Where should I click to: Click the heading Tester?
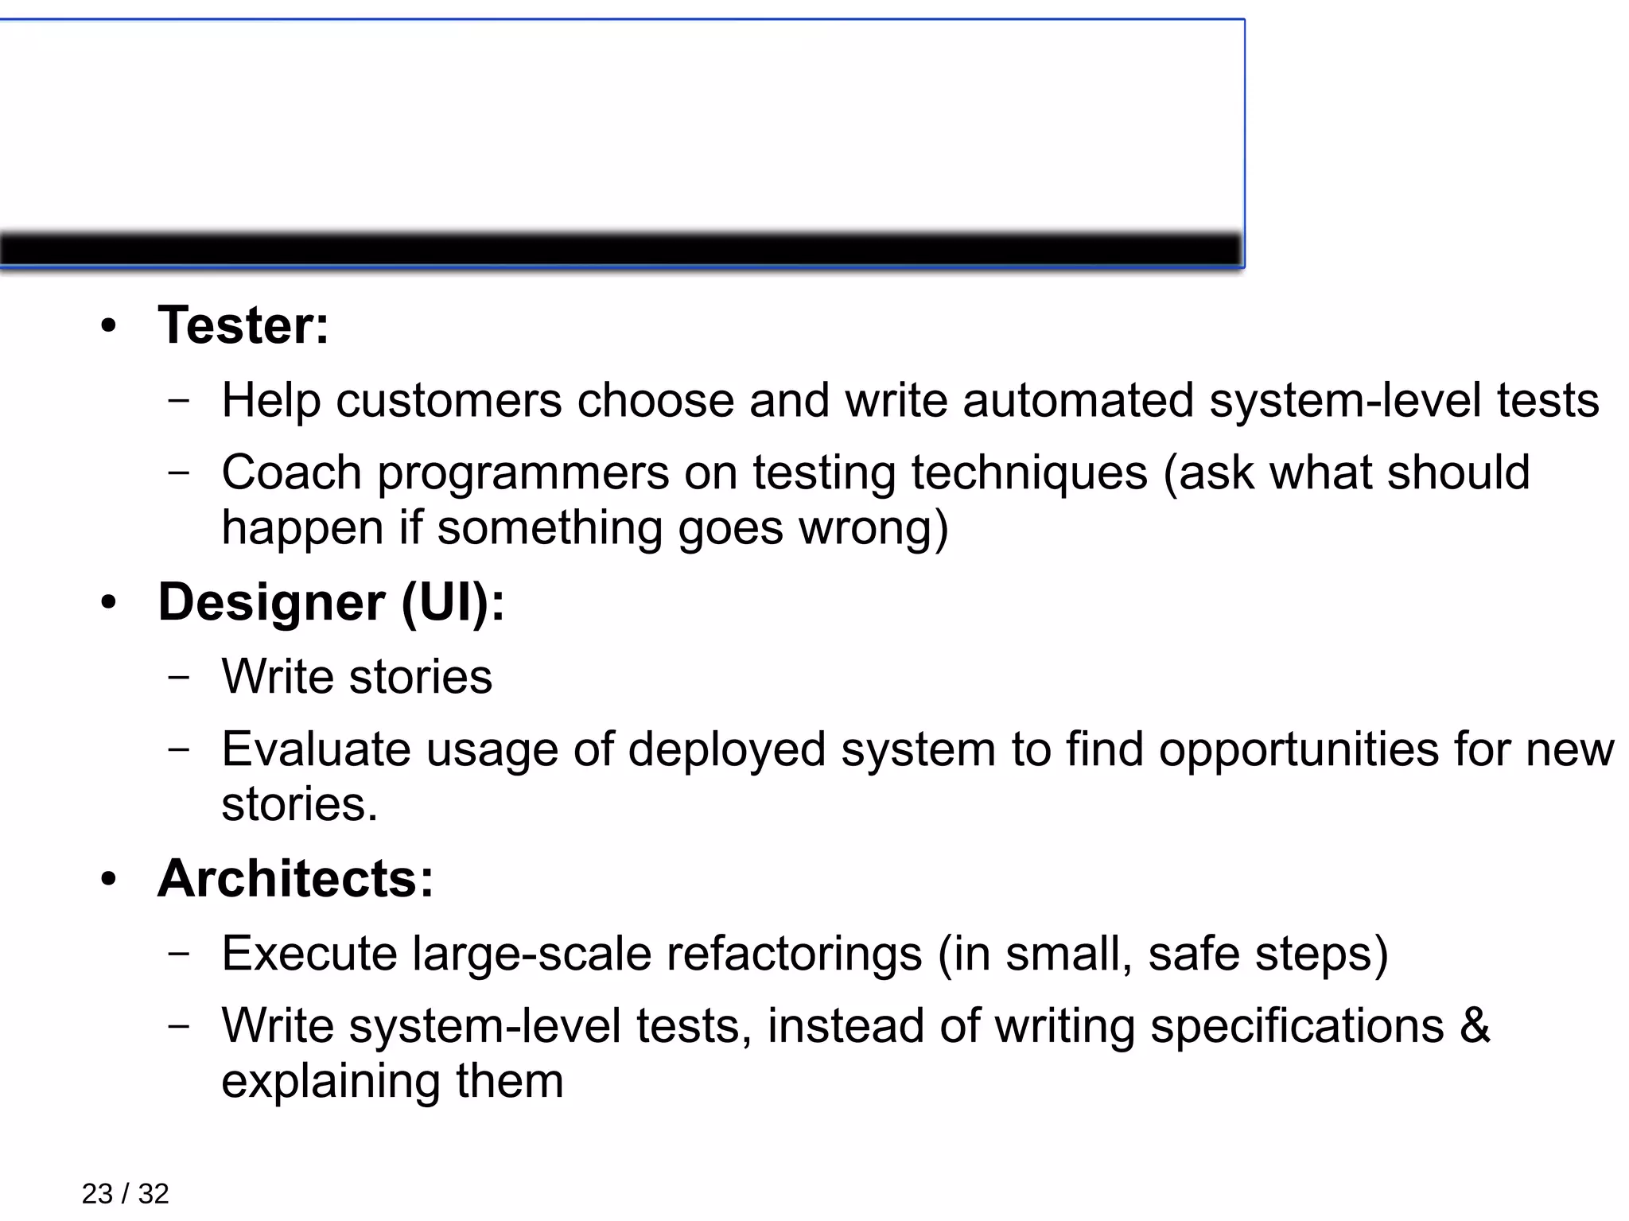pyautogui.click(x=243, y=325)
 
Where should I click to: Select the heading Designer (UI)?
pyautogui.click(x=331, y=602)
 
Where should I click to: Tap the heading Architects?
pyautogui.click(x=296, y=879)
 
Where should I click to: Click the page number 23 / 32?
pyautogui.click(x=125, y=1193)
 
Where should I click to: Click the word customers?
pyautogui.click(x=449, y=400)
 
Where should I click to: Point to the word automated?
pyautogui.click(x=1078, y=400)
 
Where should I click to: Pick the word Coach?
pyautogui.click(x=291, y=472)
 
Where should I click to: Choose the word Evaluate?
pyautogui.click(x=316, y=749)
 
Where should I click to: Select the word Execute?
pyautogui.click(x=309, y=953)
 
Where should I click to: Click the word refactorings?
pyautogui.click(x=794, y=955)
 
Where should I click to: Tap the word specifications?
pyautogui.click(x=1297, y=1027)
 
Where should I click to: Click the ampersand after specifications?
pyautogui.click(x=1475, y=1025)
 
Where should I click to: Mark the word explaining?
pyautogui.click(x=330, y=1082)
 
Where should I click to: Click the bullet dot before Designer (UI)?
pyautogui.click(x=109, y=602)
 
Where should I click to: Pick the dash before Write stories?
pyautogui.click(x=180, y=677)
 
